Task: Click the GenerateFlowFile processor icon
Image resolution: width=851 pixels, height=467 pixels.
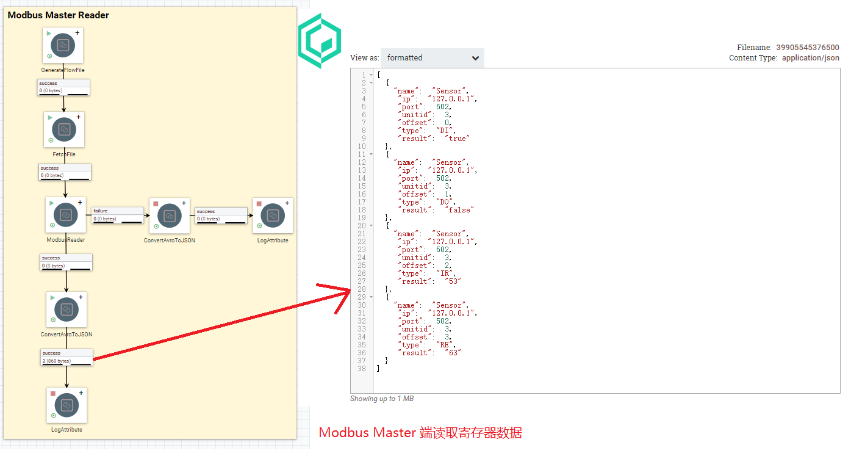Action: tap(63, 45)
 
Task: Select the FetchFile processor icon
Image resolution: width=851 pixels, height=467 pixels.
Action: tap(64, 129)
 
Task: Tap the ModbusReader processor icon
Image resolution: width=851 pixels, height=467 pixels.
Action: tap(65, 215)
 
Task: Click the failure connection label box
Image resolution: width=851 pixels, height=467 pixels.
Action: tap(118, 215)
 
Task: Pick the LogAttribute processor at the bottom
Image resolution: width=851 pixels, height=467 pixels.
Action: tap(66, 405)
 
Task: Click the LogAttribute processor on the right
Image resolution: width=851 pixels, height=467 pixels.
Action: tap(273, 215)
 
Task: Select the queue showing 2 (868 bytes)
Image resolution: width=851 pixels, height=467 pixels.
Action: tap(66, 357)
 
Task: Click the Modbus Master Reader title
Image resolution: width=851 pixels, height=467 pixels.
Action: tap(59, 15)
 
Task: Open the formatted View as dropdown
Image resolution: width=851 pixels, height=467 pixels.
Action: tap(432, 58)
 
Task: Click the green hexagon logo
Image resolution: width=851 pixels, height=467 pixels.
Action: tap(320, 41)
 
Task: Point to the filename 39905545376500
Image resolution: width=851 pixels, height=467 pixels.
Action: tap(807, 48)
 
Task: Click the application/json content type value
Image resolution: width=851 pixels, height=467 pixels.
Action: tap(810, 58)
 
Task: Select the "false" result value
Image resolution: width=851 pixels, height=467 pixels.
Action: tap(459, 210)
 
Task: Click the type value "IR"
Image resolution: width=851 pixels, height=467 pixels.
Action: tap(445, 273)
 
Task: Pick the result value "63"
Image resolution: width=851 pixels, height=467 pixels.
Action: tap(453, 352)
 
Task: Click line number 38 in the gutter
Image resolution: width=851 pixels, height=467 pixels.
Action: tap(362, 369)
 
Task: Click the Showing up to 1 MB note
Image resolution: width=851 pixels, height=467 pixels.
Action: tap(382, 399)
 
